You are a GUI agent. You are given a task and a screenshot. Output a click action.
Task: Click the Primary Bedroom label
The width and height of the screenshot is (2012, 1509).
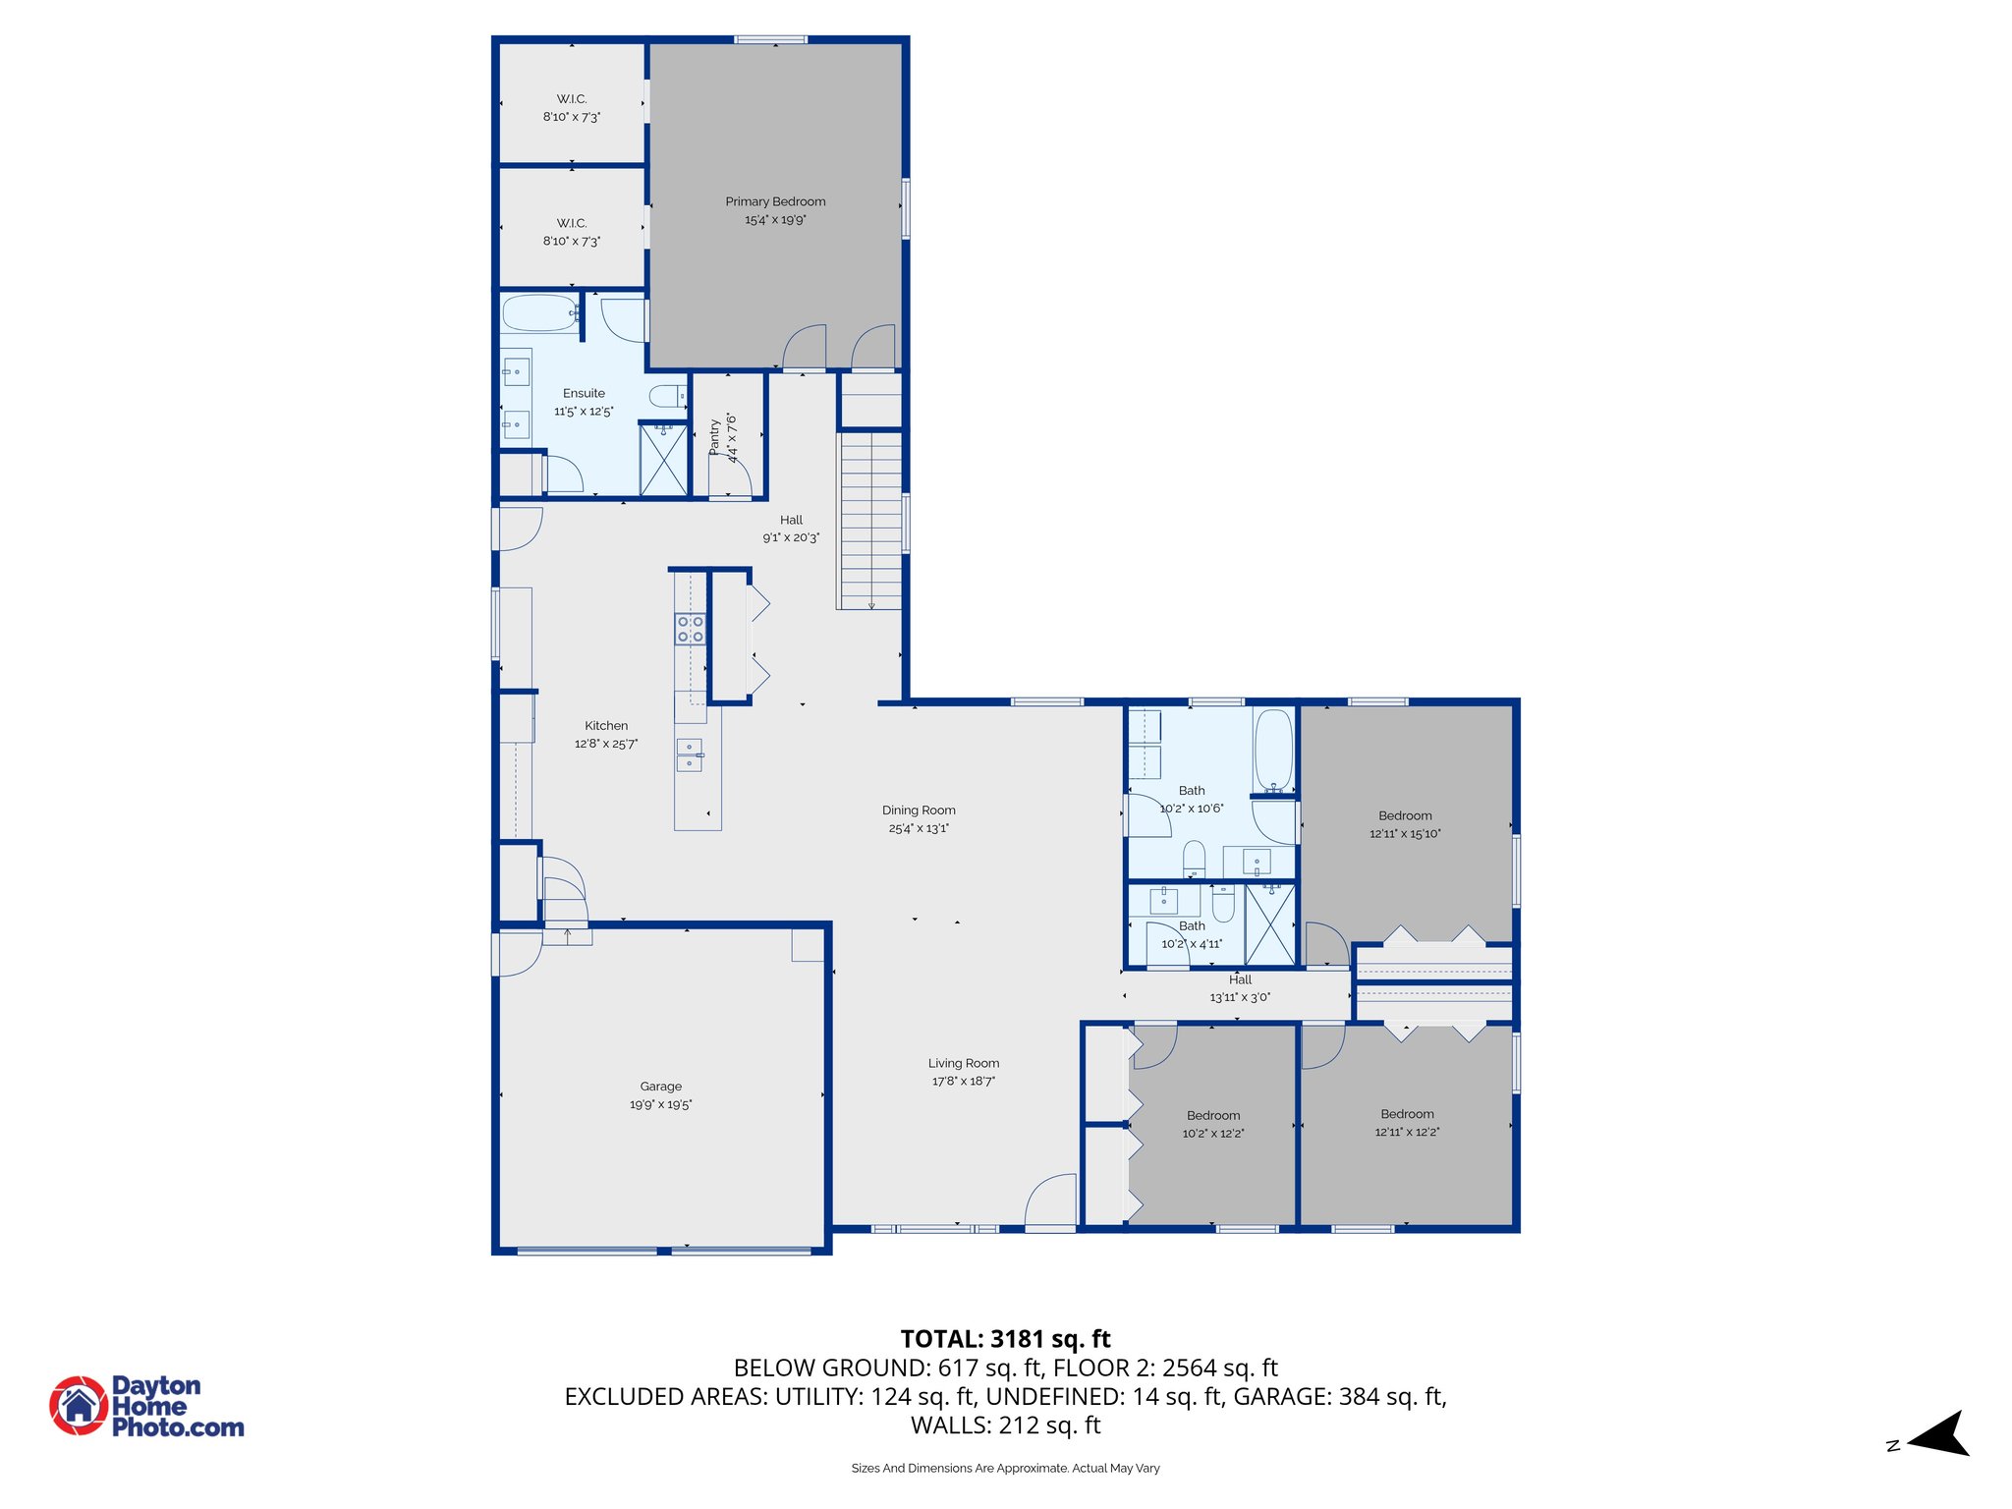tap(775, 201)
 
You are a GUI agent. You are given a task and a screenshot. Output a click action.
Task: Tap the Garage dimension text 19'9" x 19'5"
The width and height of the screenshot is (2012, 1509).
tap(661, 1104)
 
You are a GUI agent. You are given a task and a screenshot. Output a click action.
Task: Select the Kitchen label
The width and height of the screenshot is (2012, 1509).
tap(606, 726)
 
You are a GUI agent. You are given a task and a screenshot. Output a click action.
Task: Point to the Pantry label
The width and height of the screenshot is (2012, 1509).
tap(714, 437)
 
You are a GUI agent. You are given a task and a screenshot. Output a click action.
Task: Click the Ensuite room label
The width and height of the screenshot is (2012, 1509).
tap(584, 393)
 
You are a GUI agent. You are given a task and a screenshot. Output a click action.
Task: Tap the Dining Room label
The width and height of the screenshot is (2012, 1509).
tap(919, 810)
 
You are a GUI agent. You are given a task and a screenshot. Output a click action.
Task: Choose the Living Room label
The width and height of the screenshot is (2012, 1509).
tap(964, 1063)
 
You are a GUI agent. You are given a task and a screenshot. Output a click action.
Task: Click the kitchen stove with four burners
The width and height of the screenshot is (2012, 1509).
tap(691, 629)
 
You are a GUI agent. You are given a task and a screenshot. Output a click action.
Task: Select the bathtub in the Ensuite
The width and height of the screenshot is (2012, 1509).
tap(539, 313)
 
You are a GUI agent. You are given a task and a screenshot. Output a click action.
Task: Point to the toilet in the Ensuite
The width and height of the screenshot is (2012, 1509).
tap(668, 397)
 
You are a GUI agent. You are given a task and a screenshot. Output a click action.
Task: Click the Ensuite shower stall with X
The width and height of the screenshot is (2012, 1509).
tap(663, 460)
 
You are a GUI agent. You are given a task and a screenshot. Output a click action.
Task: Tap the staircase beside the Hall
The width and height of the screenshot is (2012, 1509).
tap(869, 520)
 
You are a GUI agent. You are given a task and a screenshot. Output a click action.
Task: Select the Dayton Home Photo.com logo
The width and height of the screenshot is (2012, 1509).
tap(147, 1406)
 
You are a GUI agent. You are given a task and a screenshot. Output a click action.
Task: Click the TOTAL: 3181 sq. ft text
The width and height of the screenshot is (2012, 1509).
tap(1006, 1339)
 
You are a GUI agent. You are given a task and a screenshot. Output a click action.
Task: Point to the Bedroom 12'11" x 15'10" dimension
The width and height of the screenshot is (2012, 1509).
tap(1405, 834)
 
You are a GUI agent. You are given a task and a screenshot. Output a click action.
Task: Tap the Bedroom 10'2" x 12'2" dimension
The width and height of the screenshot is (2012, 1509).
tap(1213, 1134)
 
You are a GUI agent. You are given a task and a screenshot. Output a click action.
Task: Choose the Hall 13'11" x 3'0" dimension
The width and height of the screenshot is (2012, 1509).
tap(1240, 997)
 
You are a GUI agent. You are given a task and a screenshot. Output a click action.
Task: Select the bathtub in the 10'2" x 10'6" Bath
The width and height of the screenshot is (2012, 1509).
tap(1274, 751)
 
